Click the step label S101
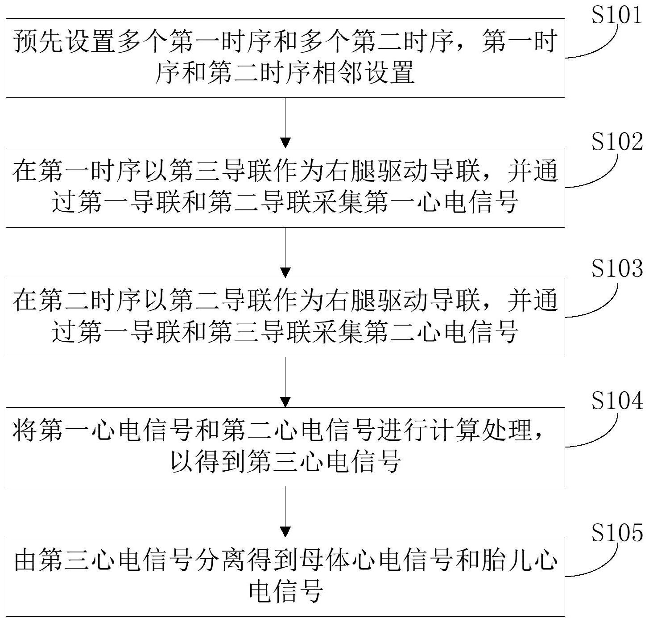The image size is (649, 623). point(617,15)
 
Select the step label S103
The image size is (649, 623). point(617,269)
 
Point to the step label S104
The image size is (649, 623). point(617,400)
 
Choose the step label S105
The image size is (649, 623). point(617,532)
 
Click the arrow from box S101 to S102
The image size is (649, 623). point(285,122)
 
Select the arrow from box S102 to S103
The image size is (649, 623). point(285,252)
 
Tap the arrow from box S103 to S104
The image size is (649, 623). point(285,382)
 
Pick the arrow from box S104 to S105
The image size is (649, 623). point(285,512)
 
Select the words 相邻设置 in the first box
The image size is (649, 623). point(364,73)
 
